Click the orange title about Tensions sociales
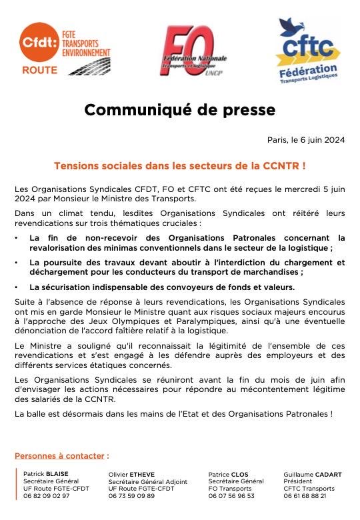[x=179, y=163]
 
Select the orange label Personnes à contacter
[x=61, y=456]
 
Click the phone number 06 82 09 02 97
[x=45, y=496]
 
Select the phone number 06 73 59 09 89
[x=131, y=496]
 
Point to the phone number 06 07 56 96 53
[x=231, y=496]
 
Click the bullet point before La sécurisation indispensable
[x=17, y=287]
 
